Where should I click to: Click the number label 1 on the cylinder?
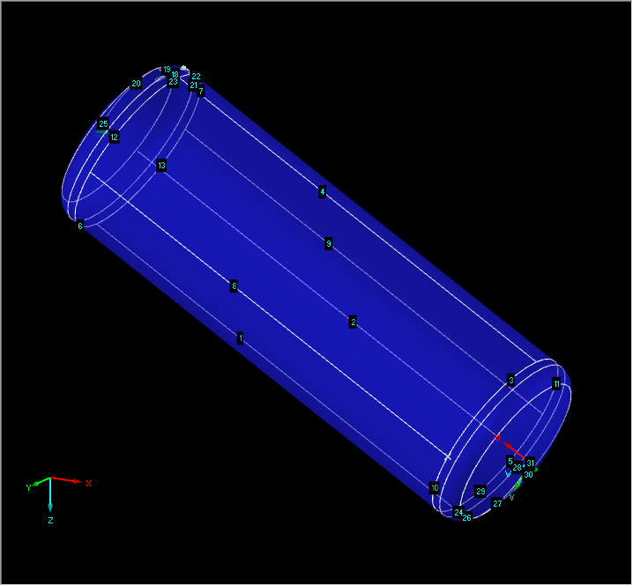tap(240, 338)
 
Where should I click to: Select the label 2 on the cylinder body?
tap(353, 323)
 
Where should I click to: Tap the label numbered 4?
tap(323, 192)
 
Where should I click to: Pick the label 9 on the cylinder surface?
tap(328, 244)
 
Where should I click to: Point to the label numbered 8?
tap(234, 286)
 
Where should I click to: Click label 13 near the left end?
tap(161, 166)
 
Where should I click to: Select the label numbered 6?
tap(80, 226)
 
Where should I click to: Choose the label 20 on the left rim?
tap(137, 84)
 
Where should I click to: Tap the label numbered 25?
tap(103, 124)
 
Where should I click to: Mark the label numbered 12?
tap(114, 137)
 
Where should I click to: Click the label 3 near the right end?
tap(510, 381)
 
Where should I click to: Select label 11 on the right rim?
tap(556, 384)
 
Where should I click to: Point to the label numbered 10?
tap(434, 488)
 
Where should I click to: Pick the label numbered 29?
tap(480, 491)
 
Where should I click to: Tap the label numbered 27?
tap(497, 504)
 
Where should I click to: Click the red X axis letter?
tap(89, 483)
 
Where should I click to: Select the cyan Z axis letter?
tap(50, 521)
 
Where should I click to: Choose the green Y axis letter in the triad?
tap(28, 487)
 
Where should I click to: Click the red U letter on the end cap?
tap(497, 437)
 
